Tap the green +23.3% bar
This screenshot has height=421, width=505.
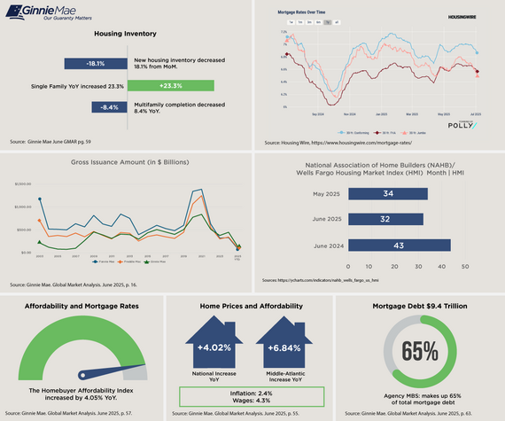pos(170,86)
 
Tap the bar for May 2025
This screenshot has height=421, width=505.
pos(387,194)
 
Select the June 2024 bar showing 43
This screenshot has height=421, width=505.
pos(399,244)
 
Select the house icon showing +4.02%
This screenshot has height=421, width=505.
pos(209,347)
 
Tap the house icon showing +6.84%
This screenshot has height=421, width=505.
pos(284,347)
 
